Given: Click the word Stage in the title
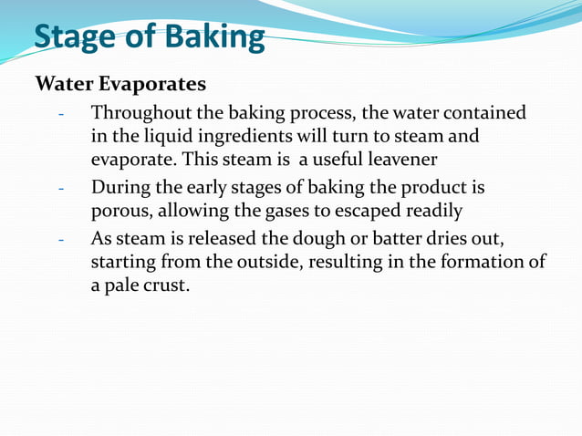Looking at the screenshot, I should click(76, 37).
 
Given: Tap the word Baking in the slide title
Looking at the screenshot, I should click(212, 37).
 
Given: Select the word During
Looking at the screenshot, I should click(117, 188).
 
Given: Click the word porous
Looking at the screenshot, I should click(119, 211).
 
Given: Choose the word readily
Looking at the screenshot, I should click(431, 211).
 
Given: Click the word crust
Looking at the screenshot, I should click(167, 285).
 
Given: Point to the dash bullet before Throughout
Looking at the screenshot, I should click(60, 115).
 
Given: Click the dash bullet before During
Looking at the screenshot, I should click(60, 189).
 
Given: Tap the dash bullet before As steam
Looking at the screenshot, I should click(60, 241).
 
